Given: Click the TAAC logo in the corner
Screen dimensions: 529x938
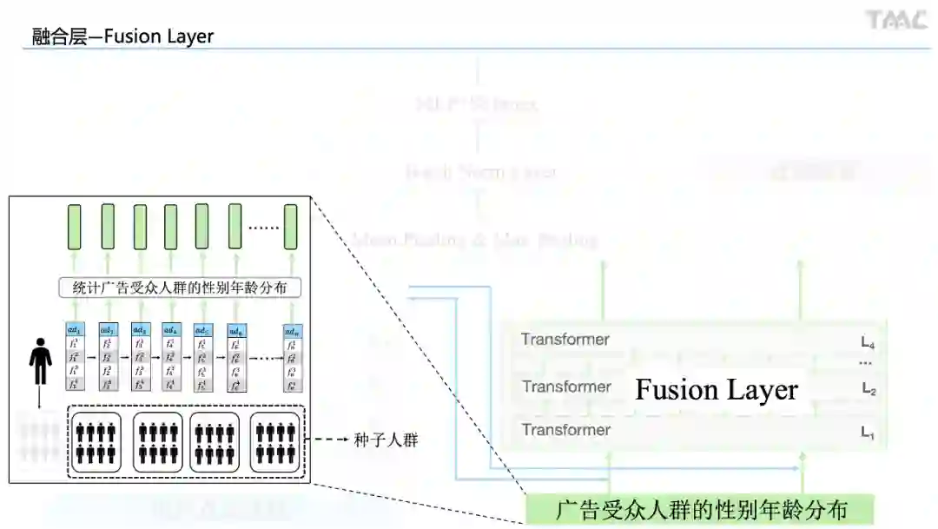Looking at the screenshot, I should [896, 20].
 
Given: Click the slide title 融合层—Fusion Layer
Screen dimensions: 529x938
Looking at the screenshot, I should [122, 36].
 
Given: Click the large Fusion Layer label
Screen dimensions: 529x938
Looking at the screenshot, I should [717, 389].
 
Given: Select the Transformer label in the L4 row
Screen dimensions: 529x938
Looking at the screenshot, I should [565, 340].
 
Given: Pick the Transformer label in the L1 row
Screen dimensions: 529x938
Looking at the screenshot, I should [565, 430].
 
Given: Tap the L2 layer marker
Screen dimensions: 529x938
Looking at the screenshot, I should [869, 391].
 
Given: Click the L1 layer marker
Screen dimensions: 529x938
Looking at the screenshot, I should [868, 433].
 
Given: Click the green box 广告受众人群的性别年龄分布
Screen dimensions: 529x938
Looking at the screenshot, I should [700, 510].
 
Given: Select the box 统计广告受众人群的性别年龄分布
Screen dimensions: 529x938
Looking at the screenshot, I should [180, 287].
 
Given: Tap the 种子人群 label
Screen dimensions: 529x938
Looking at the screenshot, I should [386, 440].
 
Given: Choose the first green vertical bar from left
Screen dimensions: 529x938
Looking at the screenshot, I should [75, 227].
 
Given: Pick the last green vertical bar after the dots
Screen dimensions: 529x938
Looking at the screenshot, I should [291, 227].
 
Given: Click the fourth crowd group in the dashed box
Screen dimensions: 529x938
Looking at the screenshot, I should [274, 441].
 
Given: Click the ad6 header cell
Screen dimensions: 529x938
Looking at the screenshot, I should [236, 331].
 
